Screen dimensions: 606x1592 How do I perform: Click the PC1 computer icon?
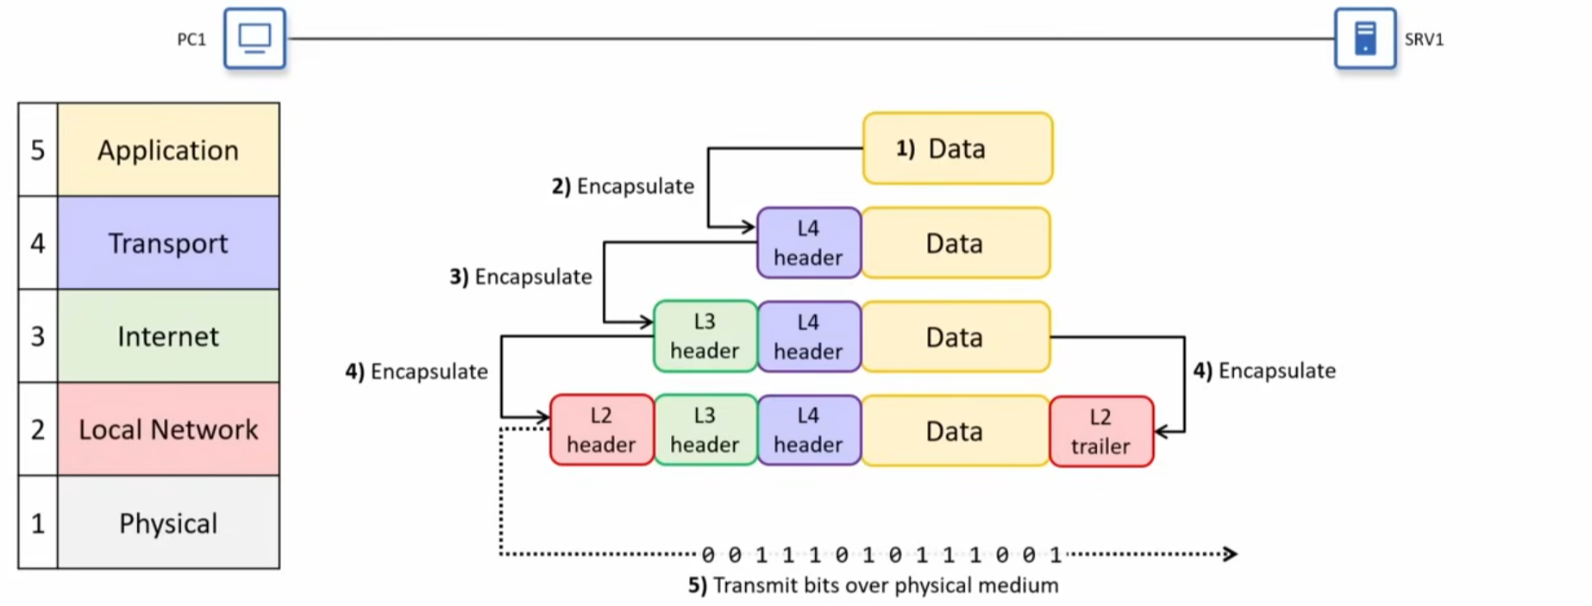pos(254,39)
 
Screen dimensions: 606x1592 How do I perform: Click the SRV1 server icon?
pos(1364,39)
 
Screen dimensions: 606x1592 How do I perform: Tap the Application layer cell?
pos(168,150)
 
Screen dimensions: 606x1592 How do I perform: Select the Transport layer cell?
pos(168,243)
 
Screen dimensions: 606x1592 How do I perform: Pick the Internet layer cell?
pos(168,336)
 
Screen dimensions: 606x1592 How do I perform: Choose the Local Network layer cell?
pos(168,429)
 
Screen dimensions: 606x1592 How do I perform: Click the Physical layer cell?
pos(168,523)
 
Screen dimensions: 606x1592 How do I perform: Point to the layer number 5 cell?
pos(38,150)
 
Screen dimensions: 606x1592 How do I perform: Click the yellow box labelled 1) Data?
pos(957,148)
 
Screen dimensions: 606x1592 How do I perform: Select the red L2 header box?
pos(601,430)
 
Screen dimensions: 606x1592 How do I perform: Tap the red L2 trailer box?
pos(1100,432)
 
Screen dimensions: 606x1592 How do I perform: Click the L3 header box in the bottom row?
pos(705,430)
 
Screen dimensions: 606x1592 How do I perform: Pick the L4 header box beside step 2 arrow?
pos(808,243)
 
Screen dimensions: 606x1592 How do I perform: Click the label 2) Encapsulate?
pos(623,186)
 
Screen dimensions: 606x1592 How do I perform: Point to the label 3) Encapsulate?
pos(521,277)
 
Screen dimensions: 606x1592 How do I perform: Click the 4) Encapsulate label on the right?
pos(1264,371)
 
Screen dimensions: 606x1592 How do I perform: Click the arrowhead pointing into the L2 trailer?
pos(1161,431)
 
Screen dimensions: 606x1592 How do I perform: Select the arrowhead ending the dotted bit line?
pos(1231,553)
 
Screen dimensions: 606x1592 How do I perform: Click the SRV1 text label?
pos(1424,40)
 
